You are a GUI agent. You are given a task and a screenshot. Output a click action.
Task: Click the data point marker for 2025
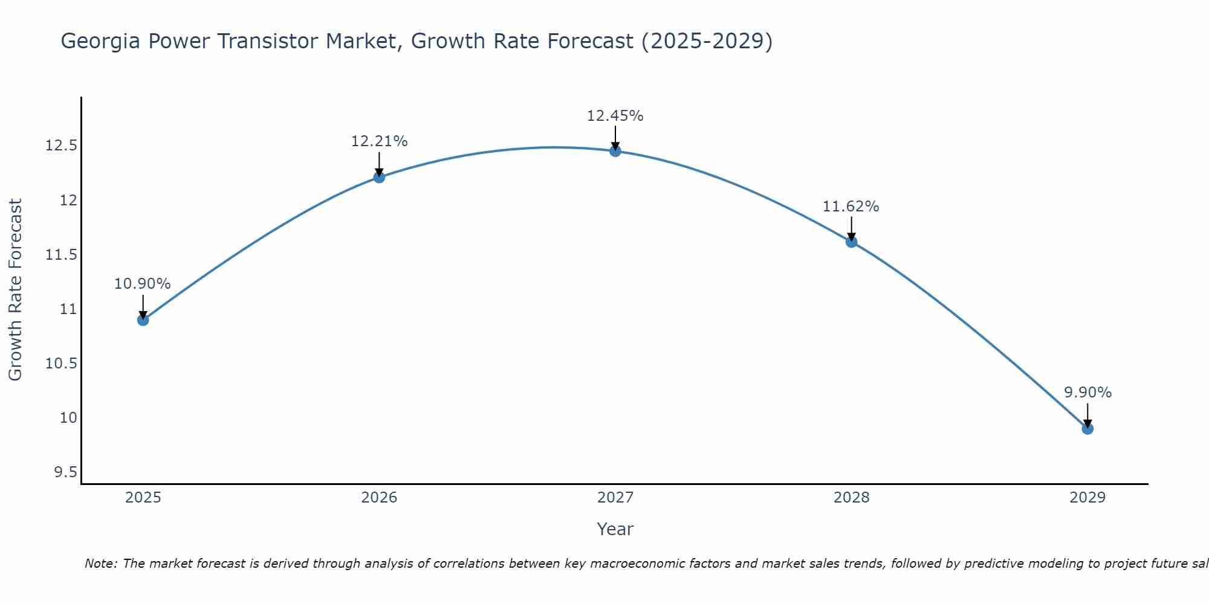click(x=143, y=320)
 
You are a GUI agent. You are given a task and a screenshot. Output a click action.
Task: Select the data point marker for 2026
click(x=379, y=177)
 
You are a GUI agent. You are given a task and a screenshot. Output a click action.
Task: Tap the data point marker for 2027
click(x=615, y=151)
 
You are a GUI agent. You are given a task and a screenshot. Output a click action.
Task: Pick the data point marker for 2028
click(x=851, y=242)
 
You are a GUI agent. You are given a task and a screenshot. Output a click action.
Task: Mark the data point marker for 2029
click(x=1087, y=429)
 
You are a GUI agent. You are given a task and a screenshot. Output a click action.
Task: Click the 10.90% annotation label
click(x=143, y=284)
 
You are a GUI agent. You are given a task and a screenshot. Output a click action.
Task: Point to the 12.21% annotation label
click(x=379, y=141)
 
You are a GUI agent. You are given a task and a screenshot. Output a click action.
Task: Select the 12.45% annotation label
click(x=615, y=116)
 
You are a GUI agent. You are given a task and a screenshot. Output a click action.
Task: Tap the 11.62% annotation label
click(x=851, y=207)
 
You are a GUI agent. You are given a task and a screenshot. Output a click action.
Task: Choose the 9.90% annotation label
click(x=1087, y=393)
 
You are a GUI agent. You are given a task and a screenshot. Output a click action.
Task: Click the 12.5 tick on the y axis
click(x=61, y=146)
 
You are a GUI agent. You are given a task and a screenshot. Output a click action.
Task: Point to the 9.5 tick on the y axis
click(x=65, y=472)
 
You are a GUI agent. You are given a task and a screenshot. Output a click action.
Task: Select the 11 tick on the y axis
click(x=68, y=309)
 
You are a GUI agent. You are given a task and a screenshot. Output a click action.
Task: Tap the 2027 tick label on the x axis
click(x=615, y=498)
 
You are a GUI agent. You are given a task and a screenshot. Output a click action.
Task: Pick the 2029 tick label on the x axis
click(x=1087, y=498)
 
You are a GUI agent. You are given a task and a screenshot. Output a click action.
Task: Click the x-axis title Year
click(x=615, y=529)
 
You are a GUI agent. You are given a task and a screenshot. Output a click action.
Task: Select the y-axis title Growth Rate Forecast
click(x=15, y=290)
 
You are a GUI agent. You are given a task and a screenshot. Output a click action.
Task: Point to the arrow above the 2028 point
click(x=851, y=228)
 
